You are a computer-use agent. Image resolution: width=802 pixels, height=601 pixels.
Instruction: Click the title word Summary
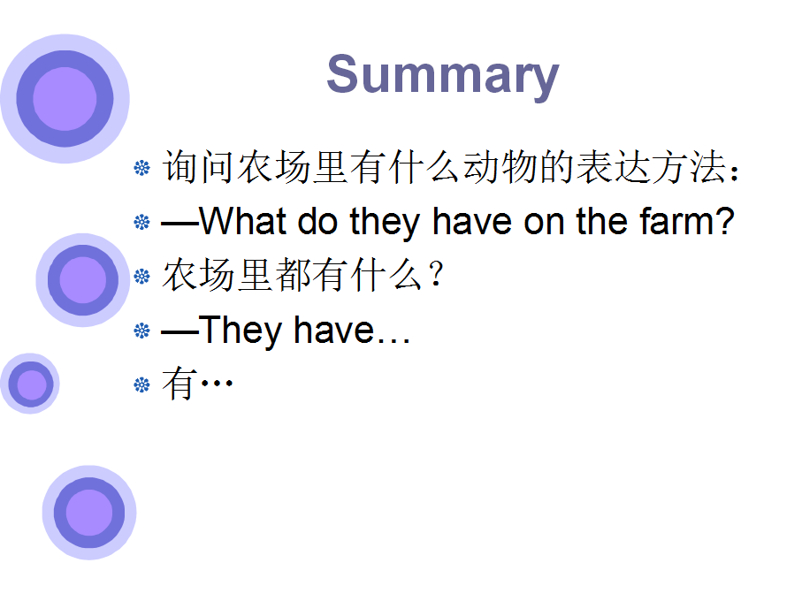[x=443, y=76]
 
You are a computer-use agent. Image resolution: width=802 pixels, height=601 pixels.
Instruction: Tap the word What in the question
[x=243, y=221]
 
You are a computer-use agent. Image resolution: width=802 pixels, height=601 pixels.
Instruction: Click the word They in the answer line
[x=241, y=331]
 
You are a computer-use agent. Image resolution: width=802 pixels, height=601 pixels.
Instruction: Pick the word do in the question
[x=317, y=221]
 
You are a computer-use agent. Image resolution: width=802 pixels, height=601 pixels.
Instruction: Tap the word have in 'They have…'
[x=334, y=331]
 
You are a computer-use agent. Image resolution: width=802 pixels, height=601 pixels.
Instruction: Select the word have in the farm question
[x=472, y=221]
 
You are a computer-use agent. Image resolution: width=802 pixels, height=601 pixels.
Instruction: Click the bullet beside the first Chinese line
[x=141, y=168]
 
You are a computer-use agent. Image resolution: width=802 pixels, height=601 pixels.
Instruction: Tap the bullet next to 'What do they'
[x=141, y=222]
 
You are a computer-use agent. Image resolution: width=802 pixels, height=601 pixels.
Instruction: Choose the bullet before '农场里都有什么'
[x=141, y=277]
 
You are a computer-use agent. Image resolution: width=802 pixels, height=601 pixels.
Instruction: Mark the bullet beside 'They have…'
[x=141, y=331]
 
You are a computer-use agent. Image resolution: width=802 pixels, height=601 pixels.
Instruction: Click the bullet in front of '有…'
[x=141, y=384]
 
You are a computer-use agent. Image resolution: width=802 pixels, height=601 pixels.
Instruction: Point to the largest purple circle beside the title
[x=65, y=99]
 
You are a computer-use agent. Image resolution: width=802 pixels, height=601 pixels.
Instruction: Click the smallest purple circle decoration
[x=30, y=384]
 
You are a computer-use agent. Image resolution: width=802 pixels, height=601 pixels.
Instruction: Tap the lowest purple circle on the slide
[x=89, y=513]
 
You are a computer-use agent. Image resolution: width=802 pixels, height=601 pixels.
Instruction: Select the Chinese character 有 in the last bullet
[x=179, y=384]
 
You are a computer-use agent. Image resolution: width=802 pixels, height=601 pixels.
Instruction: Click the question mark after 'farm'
[x=723, y=221]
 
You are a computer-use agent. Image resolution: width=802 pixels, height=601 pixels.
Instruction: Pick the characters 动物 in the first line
[x=500, y=167]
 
